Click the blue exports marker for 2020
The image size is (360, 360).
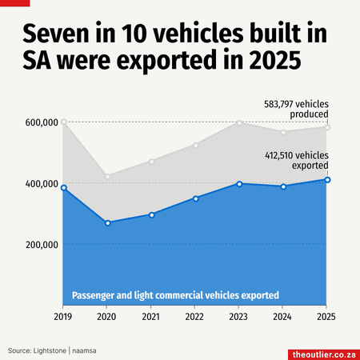tap(108, 223)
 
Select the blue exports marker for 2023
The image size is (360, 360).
tap(239, 184)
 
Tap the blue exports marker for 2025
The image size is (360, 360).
tap(327, 180)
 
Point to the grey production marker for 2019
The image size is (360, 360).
tap(64, 122)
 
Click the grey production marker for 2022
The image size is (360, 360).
tap(196, 146)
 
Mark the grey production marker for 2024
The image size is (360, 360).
tap(283, 132)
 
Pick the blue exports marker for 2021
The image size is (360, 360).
tap(152, 215)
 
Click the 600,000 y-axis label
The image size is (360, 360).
tap(42, 122)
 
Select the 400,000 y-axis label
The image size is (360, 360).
tap(42, 184)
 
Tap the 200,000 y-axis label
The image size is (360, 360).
tap(42, 245)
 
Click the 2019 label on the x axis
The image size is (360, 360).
tap(63, 317)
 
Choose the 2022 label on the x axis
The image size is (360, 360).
tap(194, 317)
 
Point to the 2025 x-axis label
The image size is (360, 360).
tap(326, 317)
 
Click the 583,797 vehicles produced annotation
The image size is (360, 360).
tap(296, 109)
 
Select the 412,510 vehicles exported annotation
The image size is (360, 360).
tap(297, 161)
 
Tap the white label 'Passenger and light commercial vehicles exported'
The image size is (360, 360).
tap(175, 295)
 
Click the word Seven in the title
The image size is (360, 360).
tap(56, 34)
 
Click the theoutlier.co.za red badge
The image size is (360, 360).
tap(324, 354)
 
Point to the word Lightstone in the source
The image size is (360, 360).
tap(50, 350)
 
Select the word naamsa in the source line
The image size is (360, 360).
tap(84, 351)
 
